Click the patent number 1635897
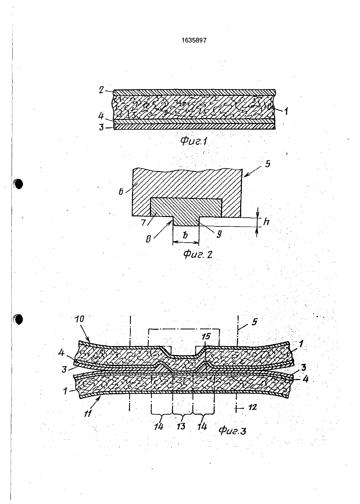point(194,40)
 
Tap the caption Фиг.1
point(194,141)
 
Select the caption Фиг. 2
point(198,254)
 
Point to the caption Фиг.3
point(232,431)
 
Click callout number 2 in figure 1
point(102,90)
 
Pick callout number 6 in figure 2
point(121,192)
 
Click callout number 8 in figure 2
point(148,239)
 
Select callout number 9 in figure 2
point(219,234)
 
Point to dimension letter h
point(266,222)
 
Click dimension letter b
point(185,235)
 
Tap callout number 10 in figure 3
point(79,319)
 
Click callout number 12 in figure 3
point(253,407)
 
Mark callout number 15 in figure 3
point(206,337)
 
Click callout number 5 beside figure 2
point(268,164)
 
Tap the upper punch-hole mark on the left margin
point(18,184)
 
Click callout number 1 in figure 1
point(286,112)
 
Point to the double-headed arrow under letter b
point(186,243)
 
